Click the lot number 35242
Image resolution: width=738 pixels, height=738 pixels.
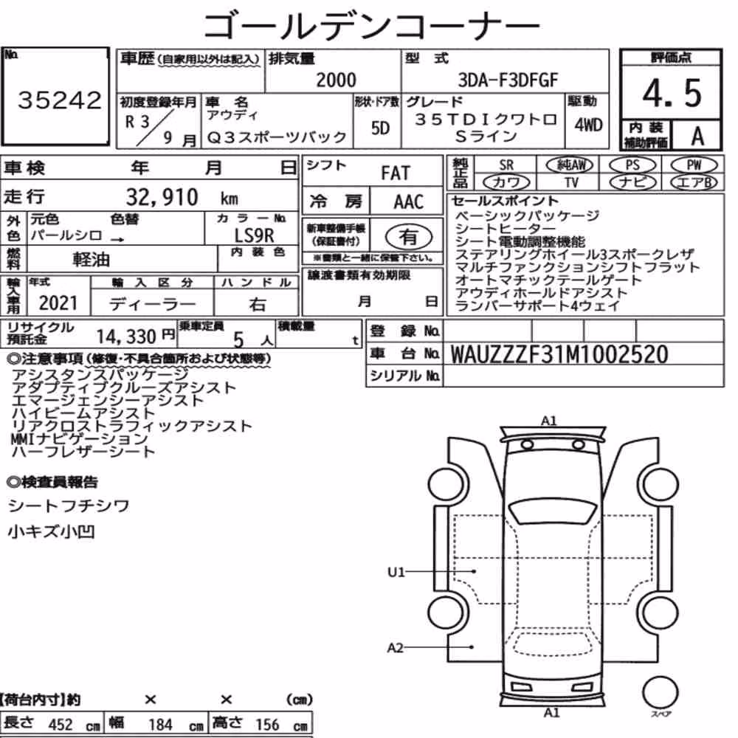click(x=59, y=100)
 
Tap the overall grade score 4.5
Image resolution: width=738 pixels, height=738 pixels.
click(x=672, y=93)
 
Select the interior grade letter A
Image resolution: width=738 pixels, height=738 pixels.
click(x=697, y=137)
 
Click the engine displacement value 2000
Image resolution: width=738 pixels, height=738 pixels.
click(x=336, y=80)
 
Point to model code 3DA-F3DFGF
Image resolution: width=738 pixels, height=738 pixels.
click(x=508, y=80)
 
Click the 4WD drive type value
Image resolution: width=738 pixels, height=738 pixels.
click(x=588, y=125)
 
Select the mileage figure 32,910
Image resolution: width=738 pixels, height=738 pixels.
click(x=162, y=197)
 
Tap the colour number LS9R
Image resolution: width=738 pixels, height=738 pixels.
click(x=254, y=235)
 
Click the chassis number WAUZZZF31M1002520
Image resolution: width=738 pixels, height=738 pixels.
click(x=559, y=354)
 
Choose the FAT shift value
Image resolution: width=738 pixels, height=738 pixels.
click(x=396, y=173)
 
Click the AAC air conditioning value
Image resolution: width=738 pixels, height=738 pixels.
click(x=409, y=202)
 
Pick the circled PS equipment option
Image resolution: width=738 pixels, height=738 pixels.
click(x=632, y=165)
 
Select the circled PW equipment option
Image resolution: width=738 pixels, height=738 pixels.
click(x=694, y=165)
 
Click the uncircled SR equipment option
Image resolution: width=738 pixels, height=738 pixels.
click(x=506, y=165)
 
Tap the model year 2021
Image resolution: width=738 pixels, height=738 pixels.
click(x=58, y=303)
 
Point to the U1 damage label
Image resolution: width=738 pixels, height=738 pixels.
click(x=396, y=572)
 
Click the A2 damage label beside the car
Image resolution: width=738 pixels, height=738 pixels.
click(x=396, y=648)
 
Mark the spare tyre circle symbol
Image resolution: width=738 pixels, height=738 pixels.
click(x=660, y=692)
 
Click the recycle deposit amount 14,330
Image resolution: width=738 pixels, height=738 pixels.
click(x=126, y=337)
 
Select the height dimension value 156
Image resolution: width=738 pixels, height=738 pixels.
click(x=267, y=725)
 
